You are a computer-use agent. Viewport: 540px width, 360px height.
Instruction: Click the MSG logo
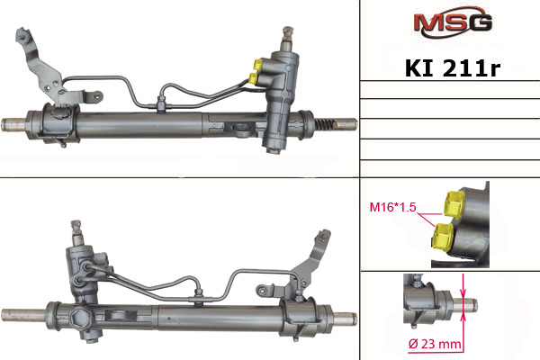pos(453,22)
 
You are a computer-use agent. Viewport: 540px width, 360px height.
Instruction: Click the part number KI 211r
pos(453,68)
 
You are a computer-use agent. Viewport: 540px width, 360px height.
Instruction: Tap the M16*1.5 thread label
pos(392,207)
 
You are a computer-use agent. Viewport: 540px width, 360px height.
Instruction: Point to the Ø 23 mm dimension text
pos(435,344)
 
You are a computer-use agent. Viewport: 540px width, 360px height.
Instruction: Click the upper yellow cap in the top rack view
pos(257,64)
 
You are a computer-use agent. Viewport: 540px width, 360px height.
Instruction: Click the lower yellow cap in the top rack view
pos(254,78)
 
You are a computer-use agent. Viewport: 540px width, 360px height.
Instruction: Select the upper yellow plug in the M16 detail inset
pos(454,203)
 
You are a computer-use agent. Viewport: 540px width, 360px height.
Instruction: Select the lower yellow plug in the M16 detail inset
pos(443,237)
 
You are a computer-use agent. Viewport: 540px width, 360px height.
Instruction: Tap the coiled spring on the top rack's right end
pos(324,123)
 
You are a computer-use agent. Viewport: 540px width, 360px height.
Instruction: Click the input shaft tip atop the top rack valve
pos(288,33)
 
